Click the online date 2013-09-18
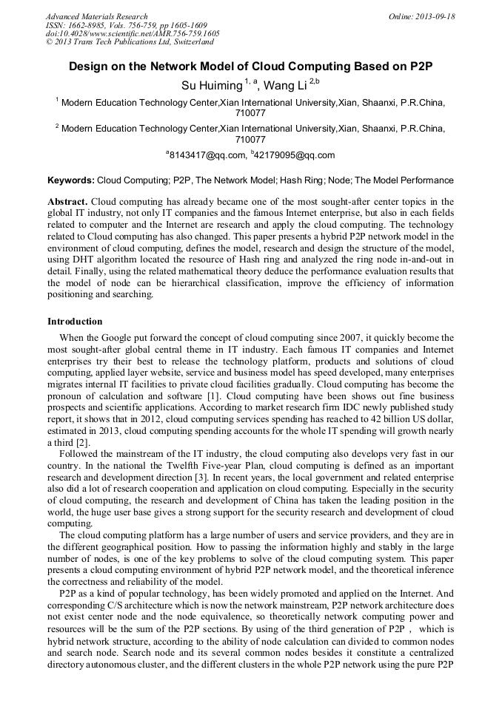[433, 16]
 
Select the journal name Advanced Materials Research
[96, 16]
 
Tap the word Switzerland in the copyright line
[189, 42]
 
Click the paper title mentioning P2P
[250, 66]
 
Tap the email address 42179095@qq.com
[295, 155]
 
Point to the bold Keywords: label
[71, 180]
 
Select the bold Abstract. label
[67, 202]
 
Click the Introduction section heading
[75, 322]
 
